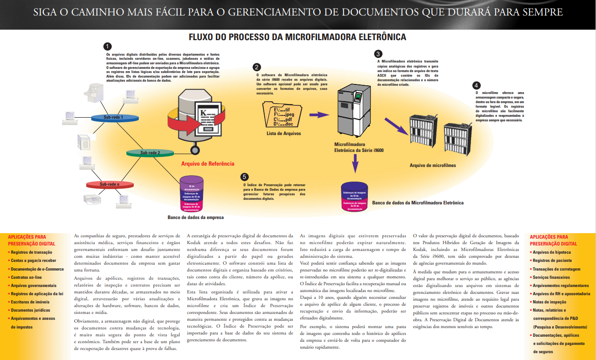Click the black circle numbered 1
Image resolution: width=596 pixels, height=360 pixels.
coord(107,46)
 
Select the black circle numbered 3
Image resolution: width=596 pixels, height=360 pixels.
coord(378,53)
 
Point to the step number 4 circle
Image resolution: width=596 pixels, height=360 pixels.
coord(476,85)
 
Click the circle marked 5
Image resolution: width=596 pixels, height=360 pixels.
coord(245,177)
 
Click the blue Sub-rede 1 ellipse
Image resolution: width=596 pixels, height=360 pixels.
coord(113,117)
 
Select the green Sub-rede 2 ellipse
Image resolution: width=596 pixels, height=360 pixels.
coord(150,153)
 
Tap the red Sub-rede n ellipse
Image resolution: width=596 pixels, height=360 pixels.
coord(110,184)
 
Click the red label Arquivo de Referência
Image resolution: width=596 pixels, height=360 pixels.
coord(208,163)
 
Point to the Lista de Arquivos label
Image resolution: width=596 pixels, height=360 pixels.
coord(284,134)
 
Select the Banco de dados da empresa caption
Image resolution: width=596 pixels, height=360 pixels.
coord(196,218)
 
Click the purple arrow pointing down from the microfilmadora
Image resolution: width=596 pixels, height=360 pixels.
coord(355,163)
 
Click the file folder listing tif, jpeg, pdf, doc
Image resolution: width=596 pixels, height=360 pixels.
coord(283,115)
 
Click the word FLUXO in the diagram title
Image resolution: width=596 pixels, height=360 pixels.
coord(204,37)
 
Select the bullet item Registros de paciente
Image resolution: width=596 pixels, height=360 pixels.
coord(552,260)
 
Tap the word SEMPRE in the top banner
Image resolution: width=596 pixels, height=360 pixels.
coord(545,12)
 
